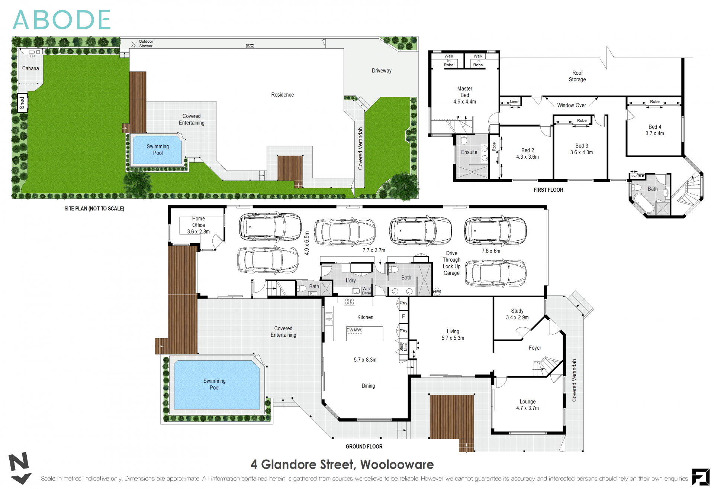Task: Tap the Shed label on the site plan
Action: tap(22, 103)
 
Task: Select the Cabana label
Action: tap(30, 68)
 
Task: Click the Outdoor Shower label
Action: tap(146, 44)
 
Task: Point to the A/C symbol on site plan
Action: tap(250, 46)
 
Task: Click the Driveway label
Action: tap(382, 71)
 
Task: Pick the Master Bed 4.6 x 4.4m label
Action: tap(464, 95)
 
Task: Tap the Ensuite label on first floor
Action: tap(469, 152)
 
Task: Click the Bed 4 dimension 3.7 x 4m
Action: tap(654, 133)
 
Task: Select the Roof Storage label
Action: tap(577, 76)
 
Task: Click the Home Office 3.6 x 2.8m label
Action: tap(198, 225)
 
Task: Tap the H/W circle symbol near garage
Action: tap(437, 292)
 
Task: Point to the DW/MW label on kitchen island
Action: tap(354, 330)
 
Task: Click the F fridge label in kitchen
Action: tap(403, 317)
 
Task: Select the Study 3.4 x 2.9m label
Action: tap(517, 314)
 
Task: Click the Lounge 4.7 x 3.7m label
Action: tap(527, 405)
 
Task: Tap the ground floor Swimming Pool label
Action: tap(214, 384)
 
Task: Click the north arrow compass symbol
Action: tap(19, 468)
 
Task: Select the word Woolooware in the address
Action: tap(397, 464)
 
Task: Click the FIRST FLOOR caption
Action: tap(548, 190)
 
